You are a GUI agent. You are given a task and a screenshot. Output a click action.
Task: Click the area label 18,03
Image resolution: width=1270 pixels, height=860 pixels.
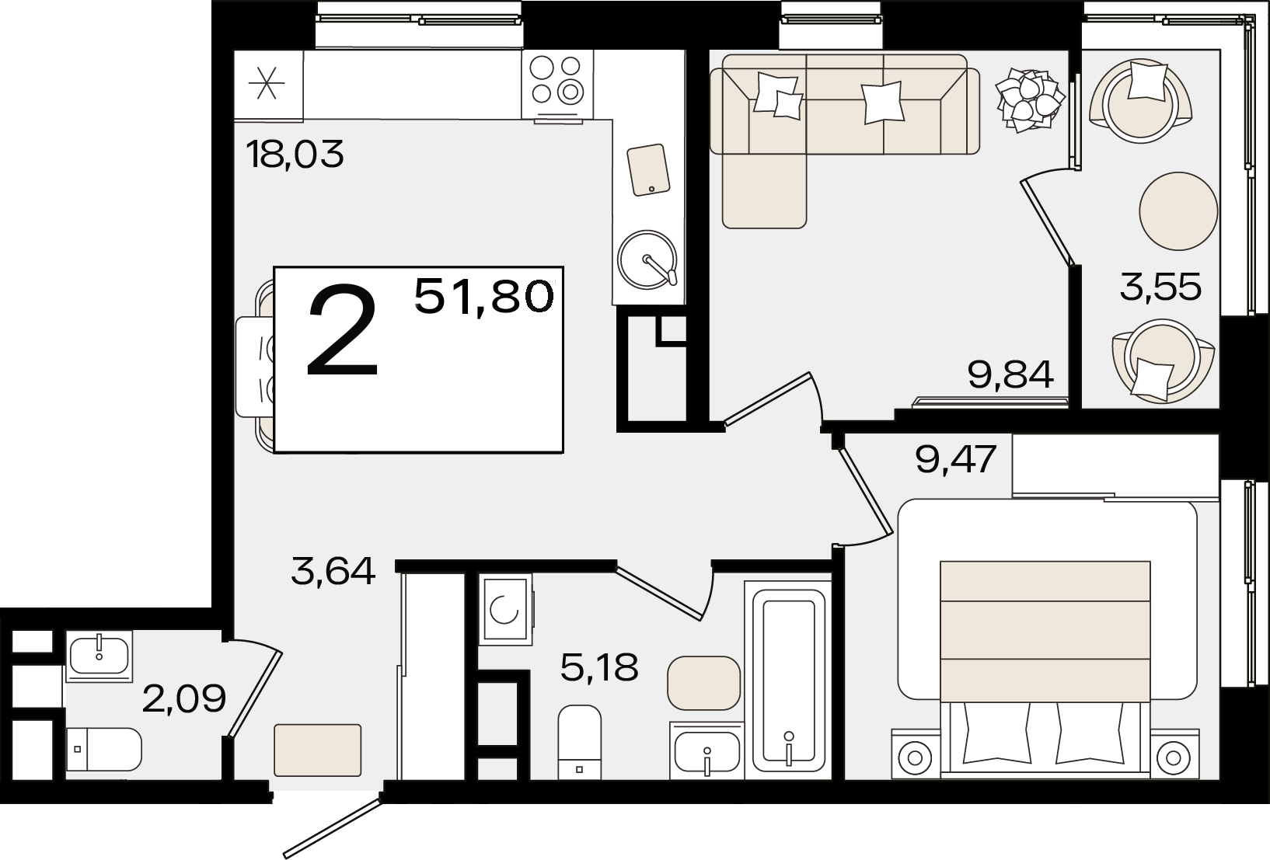click(295, 154)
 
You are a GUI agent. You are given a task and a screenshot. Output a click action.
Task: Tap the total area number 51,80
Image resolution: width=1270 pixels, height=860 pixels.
click(484, 296)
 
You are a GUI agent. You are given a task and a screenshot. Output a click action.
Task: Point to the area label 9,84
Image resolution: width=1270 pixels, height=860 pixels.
click(1011, 374)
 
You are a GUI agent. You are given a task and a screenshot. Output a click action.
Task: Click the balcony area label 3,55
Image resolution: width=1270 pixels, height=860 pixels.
click(1160, 287)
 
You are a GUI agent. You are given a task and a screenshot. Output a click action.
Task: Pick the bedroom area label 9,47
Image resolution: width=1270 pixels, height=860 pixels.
click(956, 459)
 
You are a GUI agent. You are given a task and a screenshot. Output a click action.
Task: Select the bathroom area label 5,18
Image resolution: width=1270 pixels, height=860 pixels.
click(599, 667)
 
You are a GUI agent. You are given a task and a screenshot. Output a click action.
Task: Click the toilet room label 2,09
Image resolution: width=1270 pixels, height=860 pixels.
click(184, 698)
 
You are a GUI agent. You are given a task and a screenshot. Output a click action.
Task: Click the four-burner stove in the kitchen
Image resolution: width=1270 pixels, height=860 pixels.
click(557, 84)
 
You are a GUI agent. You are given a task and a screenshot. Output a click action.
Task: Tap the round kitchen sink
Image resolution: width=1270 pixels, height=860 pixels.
click(647, 259)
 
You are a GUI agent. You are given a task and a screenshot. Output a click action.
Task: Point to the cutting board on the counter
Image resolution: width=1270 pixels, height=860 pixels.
click(649, 170)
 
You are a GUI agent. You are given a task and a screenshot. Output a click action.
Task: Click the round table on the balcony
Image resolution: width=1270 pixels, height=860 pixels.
click(1179, 211)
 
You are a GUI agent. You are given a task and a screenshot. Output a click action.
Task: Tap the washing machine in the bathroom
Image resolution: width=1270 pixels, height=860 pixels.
click(506, 609)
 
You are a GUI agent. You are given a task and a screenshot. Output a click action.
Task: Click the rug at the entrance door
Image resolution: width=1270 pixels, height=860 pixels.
click(317, 750)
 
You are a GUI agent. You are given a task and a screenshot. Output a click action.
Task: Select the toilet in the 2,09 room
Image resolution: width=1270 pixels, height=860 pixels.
click(103, 750)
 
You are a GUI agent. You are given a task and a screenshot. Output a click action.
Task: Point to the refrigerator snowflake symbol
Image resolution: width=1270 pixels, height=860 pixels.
click(267, 84)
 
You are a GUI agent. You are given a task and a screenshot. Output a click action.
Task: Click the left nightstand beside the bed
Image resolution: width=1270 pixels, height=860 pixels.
click(915, 754)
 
